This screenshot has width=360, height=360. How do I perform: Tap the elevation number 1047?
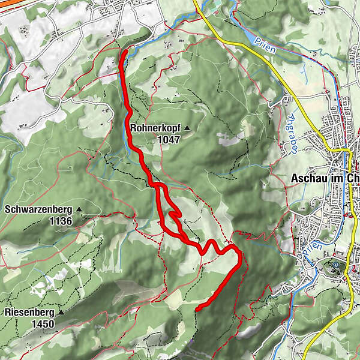tap(169, 139)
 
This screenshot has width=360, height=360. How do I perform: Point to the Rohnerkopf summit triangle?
tap(187, 128)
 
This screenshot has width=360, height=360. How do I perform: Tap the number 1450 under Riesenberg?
tap(44, 324)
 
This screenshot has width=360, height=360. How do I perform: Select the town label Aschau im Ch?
tap(325, 178)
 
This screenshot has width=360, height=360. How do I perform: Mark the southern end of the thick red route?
tap(197, 308)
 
